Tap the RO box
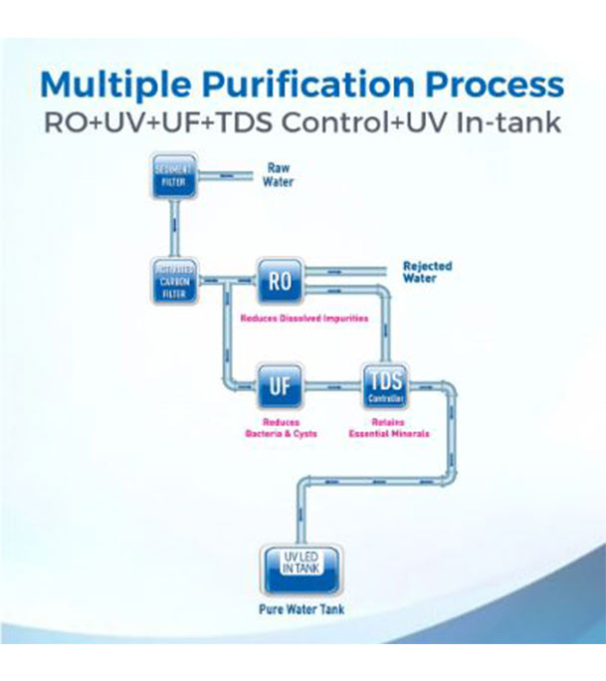point(280,281)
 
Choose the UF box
point(280,385)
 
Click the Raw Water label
point(278,175)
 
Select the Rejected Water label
point(427,272)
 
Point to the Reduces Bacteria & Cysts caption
point(282,428)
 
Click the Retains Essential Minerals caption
point(387,428)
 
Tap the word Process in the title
point(494,83)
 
